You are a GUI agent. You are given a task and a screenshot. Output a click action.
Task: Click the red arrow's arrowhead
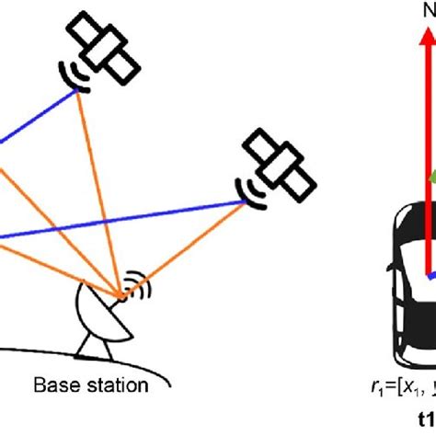click(x=426, y=35)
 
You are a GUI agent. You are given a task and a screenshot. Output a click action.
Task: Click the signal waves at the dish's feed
click(x=135, y=284)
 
